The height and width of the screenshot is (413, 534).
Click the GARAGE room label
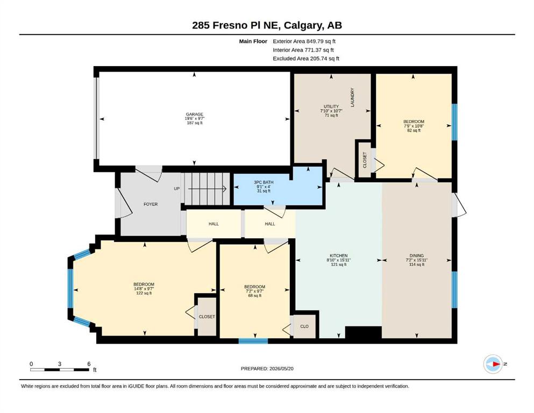tap(195, 115)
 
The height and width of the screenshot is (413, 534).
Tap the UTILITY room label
tap(331, 106)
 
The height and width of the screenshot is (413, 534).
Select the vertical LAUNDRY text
tap(352, 97)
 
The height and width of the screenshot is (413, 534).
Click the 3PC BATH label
tap(264, 182)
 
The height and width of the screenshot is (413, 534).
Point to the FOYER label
tap(151, 204)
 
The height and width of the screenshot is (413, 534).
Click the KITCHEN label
tap(338, 255)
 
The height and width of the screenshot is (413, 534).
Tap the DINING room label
tap(417, 255)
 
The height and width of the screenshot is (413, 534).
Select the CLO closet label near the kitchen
tap(304, 326)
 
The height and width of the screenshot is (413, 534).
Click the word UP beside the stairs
tap(177, 189)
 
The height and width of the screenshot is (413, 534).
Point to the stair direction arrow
tap(208, 189)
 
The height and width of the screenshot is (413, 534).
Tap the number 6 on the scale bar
tap(89, 364)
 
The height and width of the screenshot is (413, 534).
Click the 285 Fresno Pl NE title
tap(267, 25)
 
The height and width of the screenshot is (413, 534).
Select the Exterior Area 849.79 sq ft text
tap(304, 41)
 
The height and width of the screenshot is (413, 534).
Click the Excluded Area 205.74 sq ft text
tap(306, 59)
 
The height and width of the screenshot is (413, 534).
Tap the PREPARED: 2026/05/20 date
tap(267, 368)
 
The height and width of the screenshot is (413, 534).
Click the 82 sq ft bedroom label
tap(414, 130)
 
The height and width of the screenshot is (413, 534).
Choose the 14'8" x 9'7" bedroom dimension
tap(144, 289)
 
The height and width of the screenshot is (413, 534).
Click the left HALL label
tap(213, 224)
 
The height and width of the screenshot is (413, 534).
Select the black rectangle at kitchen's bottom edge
tap(364, 332)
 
